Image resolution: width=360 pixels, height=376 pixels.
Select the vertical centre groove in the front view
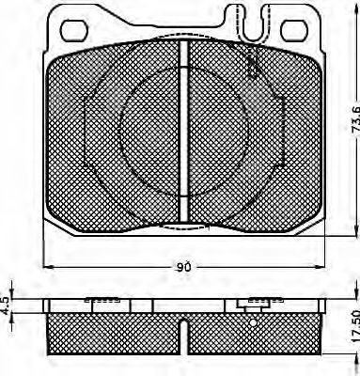click(x=185, y=132)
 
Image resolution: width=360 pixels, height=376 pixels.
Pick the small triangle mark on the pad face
click(x=252, y=68)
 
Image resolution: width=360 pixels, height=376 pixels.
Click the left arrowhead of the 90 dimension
click(x=47, y=268)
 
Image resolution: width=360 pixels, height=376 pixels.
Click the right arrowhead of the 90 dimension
click(x=322, y=268)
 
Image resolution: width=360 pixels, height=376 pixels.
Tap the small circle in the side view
click(x=254, y=321)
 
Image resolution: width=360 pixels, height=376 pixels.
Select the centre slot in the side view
click(x=185, y=334)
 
